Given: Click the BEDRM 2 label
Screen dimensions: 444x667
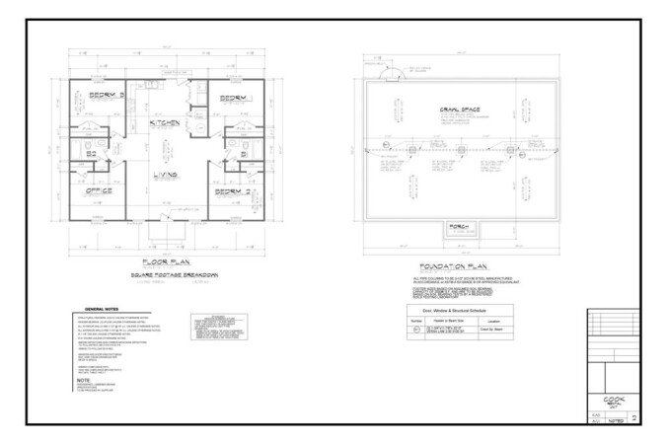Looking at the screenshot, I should (x=234, y=191).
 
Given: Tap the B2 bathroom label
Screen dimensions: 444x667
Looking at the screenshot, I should (x=91, y=154).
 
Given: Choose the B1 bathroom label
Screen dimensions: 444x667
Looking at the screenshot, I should (x=242, y=154).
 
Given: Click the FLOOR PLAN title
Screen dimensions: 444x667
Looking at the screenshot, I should (x=167, y=261).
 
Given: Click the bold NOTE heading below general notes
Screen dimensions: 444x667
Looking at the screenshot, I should (x=83, y=380).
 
